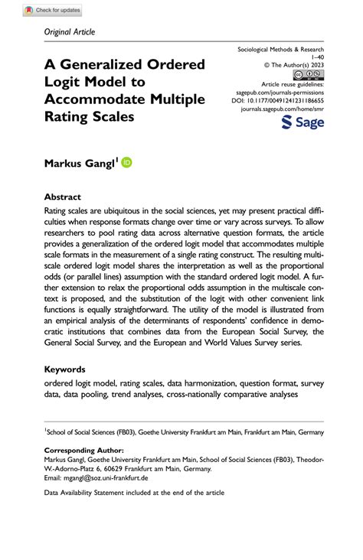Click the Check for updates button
pyautogui.click(x=52, y=11)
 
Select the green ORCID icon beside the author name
pyautogui.click(x=126, y=162)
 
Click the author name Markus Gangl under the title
pyautogui.click(x=79, y=163)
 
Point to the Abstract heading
pyautogui.click(x=63, y=197)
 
